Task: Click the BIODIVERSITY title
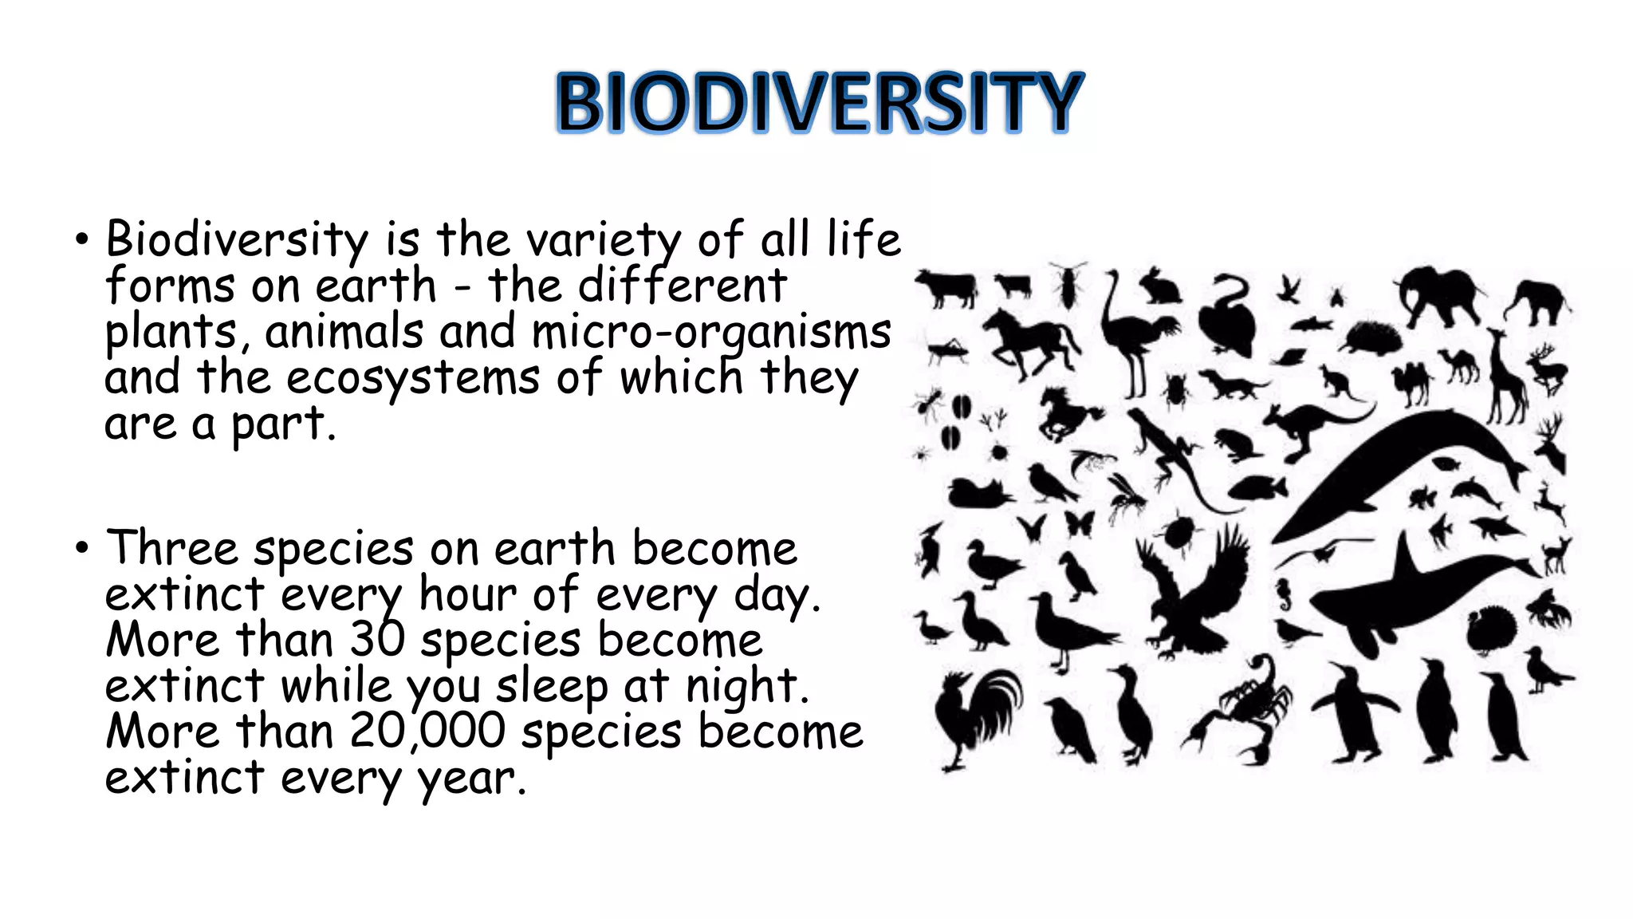[x=819, y=102]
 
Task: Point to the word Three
[x=172, y=549]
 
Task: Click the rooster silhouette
[x=974, y=714]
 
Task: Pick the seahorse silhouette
[x=1283, y=594]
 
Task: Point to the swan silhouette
[x=1228, y=315]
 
